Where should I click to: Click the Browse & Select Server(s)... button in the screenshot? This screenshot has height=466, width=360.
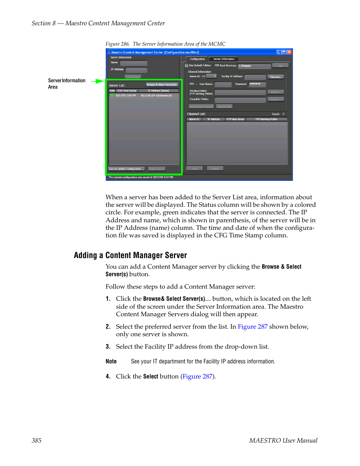[162, 85]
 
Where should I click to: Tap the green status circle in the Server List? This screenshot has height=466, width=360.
[112, 95]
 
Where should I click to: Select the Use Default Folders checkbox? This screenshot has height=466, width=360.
[186, 66]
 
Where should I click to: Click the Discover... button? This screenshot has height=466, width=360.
[275, 77]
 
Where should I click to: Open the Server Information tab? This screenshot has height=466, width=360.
[224, 59]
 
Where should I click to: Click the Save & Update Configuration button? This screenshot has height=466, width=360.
[126, 169]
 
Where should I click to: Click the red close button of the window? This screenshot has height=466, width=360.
[289, 52]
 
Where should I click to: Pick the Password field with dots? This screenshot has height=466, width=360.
[257, 84]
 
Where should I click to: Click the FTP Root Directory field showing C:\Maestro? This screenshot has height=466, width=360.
[254, 66]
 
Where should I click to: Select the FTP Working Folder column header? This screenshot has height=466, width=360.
[266, 119]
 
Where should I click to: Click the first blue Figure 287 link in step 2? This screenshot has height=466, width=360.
[252, 327]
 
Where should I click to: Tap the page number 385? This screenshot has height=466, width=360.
[37, 440]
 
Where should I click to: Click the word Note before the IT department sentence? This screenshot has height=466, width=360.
[111, 361]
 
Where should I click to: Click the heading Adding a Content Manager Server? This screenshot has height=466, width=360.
[130, 255]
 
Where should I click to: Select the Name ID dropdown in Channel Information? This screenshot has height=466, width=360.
[211, 76]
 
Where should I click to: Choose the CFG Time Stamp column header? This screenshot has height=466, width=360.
[127, 91]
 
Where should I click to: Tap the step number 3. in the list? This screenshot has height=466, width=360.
[108, 347]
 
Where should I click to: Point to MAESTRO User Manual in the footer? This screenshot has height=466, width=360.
[283, 440]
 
